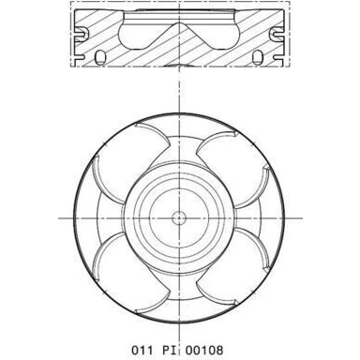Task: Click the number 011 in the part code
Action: (x=142, y=350)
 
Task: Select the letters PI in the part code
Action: (x=170, y=350)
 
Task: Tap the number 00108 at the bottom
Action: (x=204, y=350)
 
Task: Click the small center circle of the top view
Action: (x=179, y=217)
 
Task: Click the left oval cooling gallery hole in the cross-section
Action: (x=100, y=57)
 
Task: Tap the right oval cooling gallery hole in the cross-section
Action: (x=258, y=57)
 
